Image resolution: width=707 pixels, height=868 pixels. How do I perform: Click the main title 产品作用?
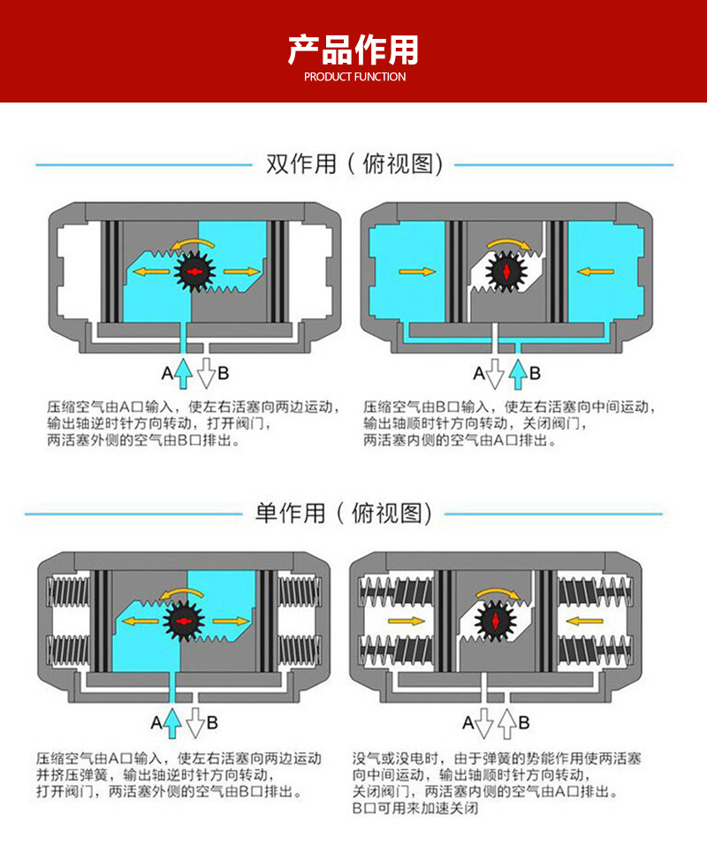[353, 49]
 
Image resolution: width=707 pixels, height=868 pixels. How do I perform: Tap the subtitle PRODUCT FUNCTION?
[354, 77]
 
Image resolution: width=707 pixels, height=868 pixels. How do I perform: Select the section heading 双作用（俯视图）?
[354, 164]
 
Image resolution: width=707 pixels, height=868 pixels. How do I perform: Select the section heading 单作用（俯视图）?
[343, 514]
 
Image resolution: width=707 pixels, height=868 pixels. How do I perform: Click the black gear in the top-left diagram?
[194, 271]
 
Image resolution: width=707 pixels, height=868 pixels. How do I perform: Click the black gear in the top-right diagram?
[506, 271]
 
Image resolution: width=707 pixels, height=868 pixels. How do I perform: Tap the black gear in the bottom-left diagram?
[183, 621]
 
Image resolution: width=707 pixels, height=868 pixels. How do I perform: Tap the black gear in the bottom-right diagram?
[496, 621]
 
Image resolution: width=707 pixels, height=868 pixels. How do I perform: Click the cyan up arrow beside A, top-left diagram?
[184, 374]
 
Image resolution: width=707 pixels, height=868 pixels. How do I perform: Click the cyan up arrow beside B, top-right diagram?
[518, 374]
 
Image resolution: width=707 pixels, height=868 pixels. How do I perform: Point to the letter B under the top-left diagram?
[223, 374]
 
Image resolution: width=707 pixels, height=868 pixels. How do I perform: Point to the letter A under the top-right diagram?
[480, 374]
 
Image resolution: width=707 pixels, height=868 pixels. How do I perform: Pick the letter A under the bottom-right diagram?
[468, 722]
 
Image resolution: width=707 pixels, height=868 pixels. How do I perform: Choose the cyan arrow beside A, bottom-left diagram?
[172, 722]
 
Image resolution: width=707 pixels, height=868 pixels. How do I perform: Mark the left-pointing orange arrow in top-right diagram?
[596, 271]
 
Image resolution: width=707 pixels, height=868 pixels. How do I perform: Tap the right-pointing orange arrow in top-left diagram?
[242, 271]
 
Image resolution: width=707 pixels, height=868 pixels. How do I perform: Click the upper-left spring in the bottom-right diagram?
[397, 591]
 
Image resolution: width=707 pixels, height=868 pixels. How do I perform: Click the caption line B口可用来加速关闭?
[415, 808]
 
